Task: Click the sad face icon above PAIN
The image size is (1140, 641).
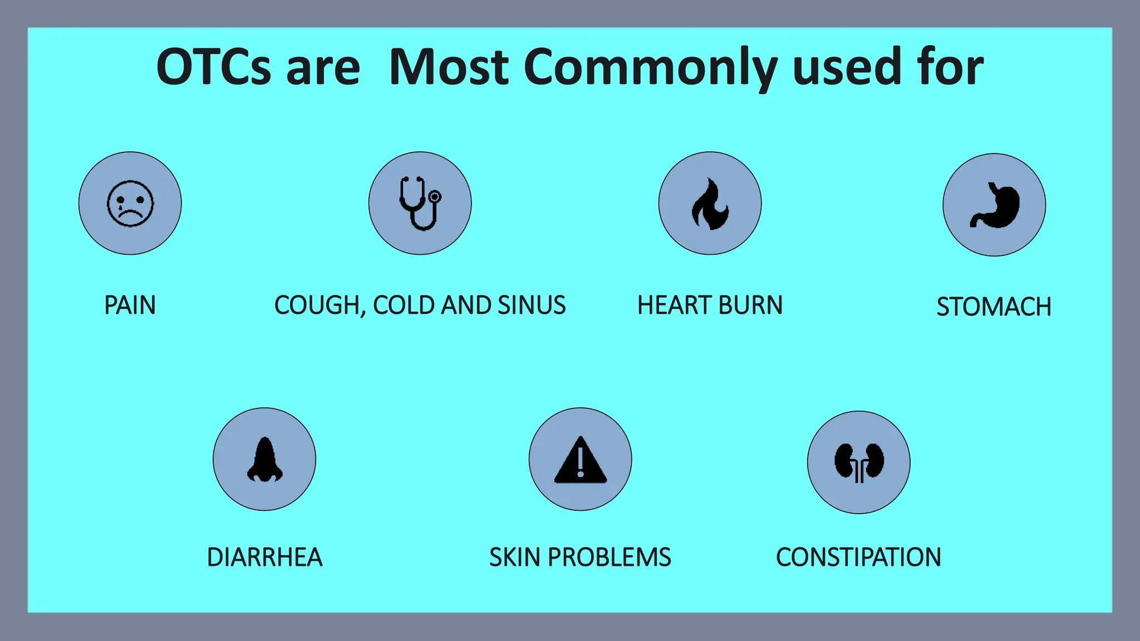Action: [x=130, y=204]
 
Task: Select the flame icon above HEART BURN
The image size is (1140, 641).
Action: [x=710, y=204]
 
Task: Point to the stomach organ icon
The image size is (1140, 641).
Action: [x=995, y=205]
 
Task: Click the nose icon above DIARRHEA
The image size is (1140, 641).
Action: [x=265, y=460]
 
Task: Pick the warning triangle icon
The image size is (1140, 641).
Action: [x=580, y=460]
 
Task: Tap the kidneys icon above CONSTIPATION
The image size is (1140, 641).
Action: [x=859, y=462]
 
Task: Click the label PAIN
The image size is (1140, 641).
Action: [x=130, y=305]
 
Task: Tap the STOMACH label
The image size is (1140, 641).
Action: [x=994, y=307]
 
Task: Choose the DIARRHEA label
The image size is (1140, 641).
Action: [x=265, y=558]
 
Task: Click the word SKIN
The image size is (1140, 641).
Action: [x=514, y=558]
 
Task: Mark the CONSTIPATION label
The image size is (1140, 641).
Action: [x=859, y=558]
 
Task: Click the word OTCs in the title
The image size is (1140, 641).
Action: [x=214, y=67]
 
